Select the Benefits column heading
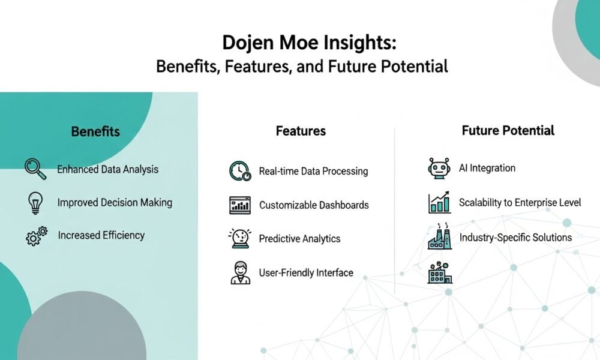click(x=95, y=131)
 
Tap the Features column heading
click(x=301, y=131)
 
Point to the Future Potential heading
click(x=508, y=130)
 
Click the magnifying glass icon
click(x=35, y=169)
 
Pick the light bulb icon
click(x=35, y=203)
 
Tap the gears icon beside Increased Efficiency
click(x=37, y=236)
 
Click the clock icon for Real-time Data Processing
click(x=240, y=170)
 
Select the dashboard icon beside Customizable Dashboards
click(x=240, y=205)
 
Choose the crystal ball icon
click(x=240, y=238)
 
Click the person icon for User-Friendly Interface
click(x=241, y=273)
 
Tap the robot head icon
click(x=439, y=168)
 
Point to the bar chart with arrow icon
click(x=439, y=202)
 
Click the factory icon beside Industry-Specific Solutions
click(x=439, y=236)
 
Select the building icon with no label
click(x=440, y=272)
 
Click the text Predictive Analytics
click(x=299, y=239)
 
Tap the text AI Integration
click(x=487, y=168)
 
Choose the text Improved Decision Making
click(x=115, y=202)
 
